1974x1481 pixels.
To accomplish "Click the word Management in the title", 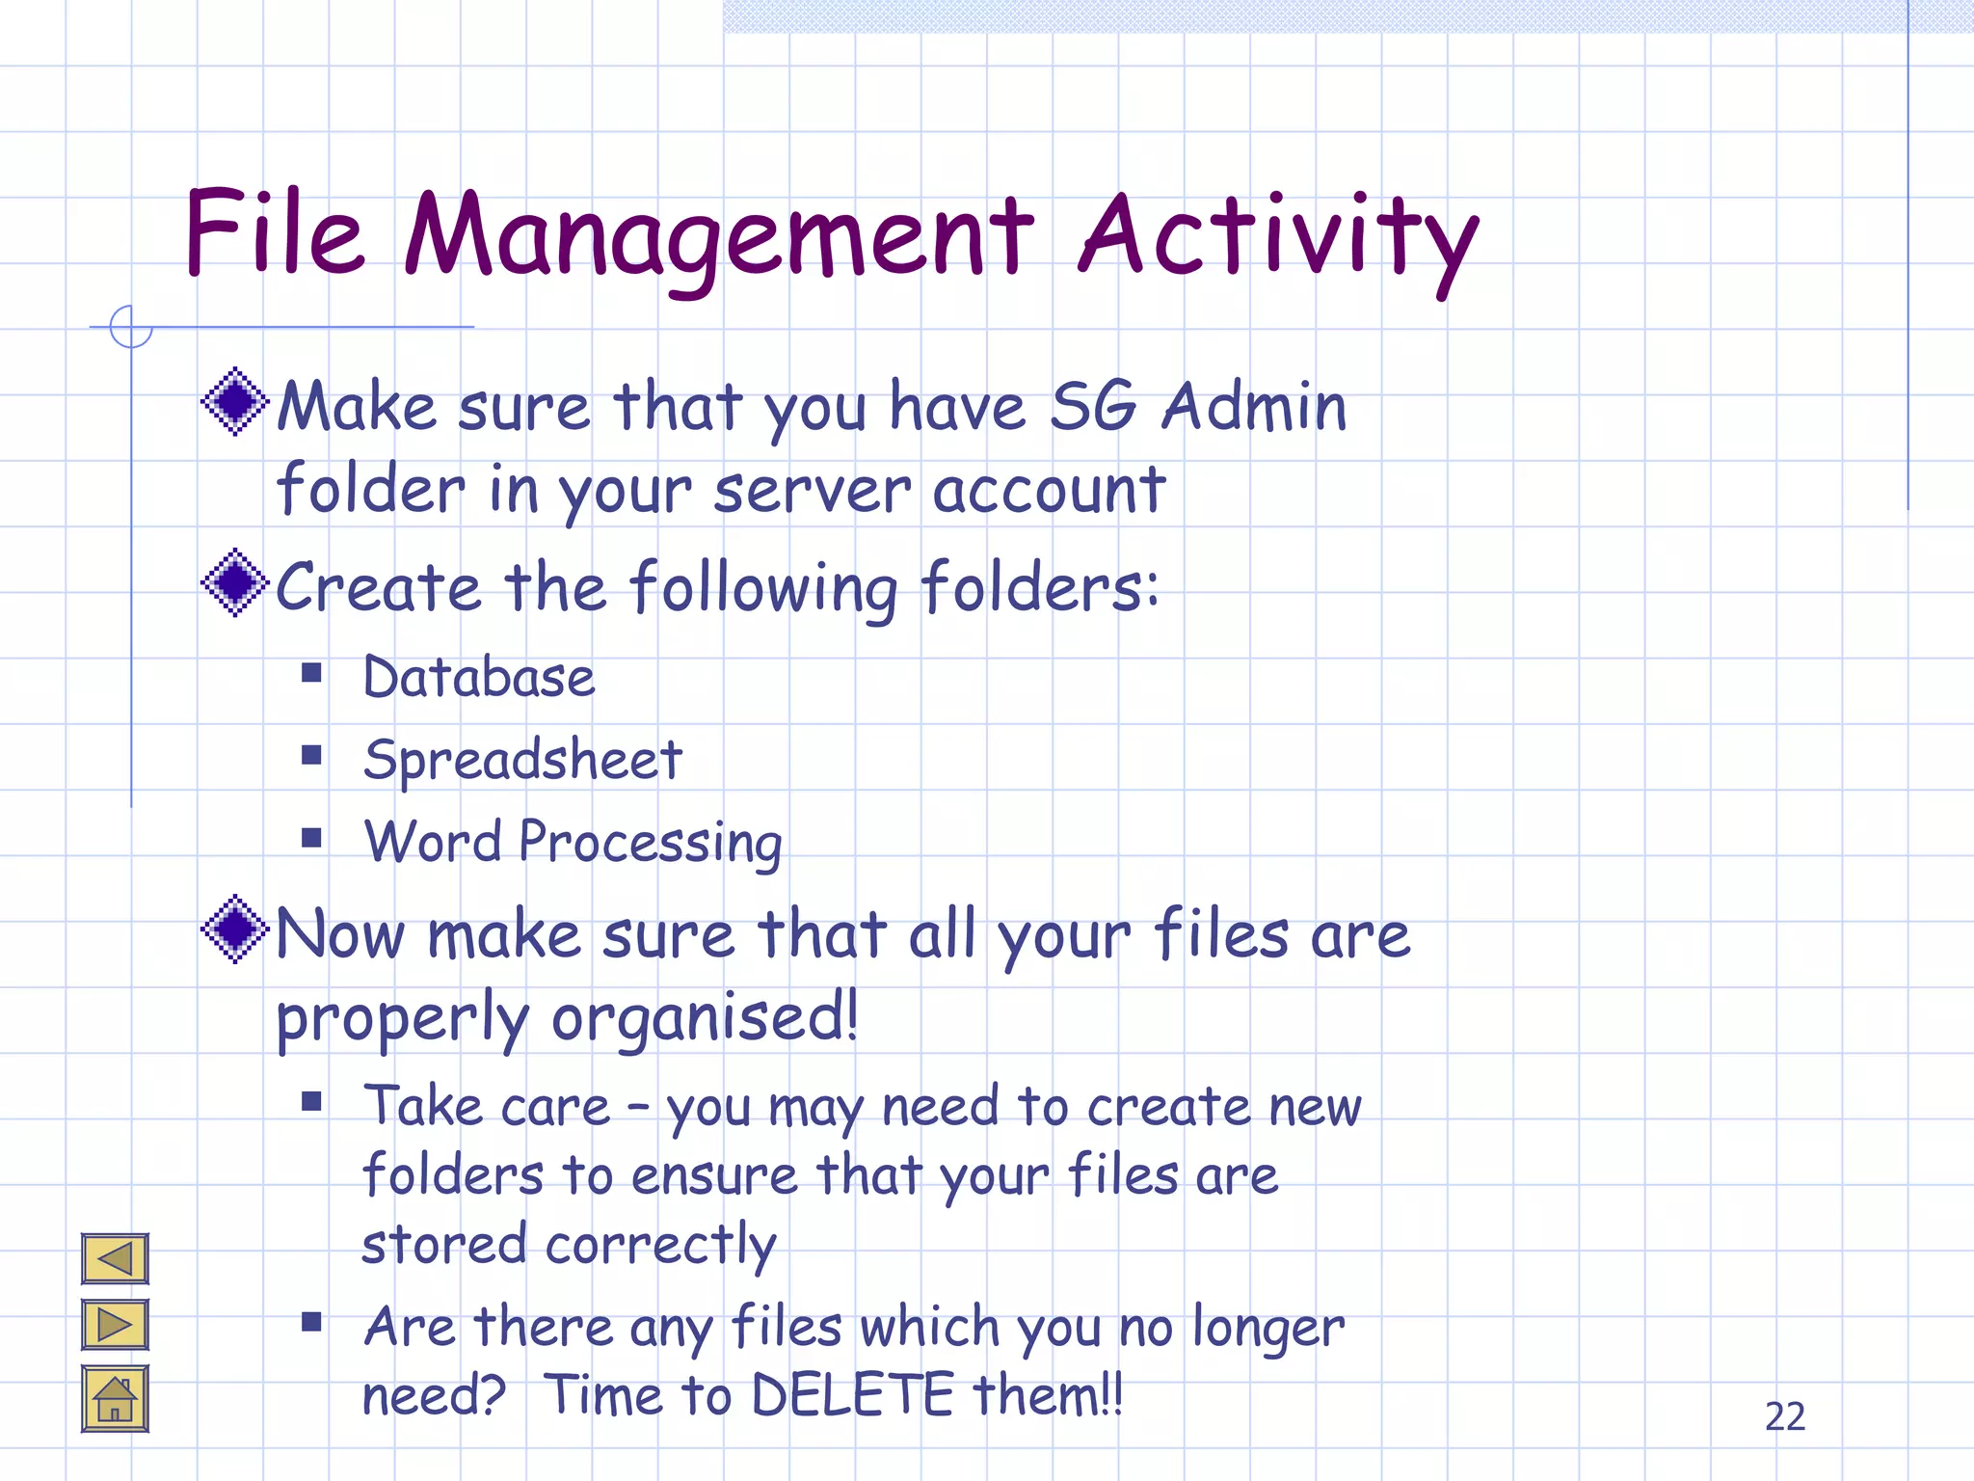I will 718,236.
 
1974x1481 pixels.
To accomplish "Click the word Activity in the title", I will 1277,236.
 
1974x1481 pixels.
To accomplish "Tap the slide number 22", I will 1784,1416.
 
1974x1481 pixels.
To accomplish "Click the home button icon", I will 115,1399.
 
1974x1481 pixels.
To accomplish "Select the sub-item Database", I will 479,677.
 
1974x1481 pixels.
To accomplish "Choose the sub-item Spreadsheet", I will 523,760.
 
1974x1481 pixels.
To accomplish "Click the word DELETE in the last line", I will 852,1395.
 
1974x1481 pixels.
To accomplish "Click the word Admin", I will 1254,406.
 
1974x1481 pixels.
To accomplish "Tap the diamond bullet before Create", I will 234,582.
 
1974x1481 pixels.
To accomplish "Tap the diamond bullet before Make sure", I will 234,401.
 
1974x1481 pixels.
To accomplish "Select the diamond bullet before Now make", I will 234,929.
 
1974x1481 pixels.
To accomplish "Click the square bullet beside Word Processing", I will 311,837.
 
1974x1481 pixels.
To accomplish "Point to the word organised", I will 705,1019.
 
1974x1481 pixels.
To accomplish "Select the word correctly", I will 660,1245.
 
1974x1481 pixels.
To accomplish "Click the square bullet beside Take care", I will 311,1101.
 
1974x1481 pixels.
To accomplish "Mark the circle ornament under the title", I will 131,327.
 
